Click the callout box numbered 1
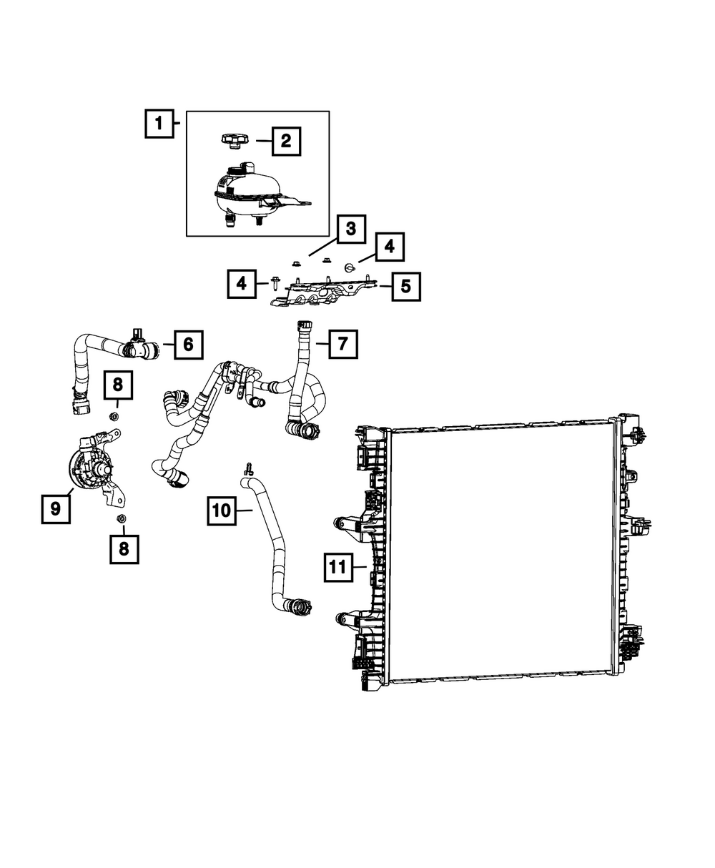[159, 124]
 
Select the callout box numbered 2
[286, 141]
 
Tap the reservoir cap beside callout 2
[234, 141]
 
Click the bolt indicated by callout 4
[276, 284]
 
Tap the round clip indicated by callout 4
[350, 267]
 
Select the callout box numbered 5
[405, 286]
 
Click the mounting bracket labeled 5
[322, 293]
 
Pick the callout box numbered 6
[188, 345]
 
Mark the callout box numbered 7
[342, 344]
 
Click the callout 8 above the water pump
[118, 385]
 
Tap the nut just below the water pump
[122, 518]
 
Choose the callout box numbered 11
[337, 568]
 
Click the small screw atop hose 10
[249, 468]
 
